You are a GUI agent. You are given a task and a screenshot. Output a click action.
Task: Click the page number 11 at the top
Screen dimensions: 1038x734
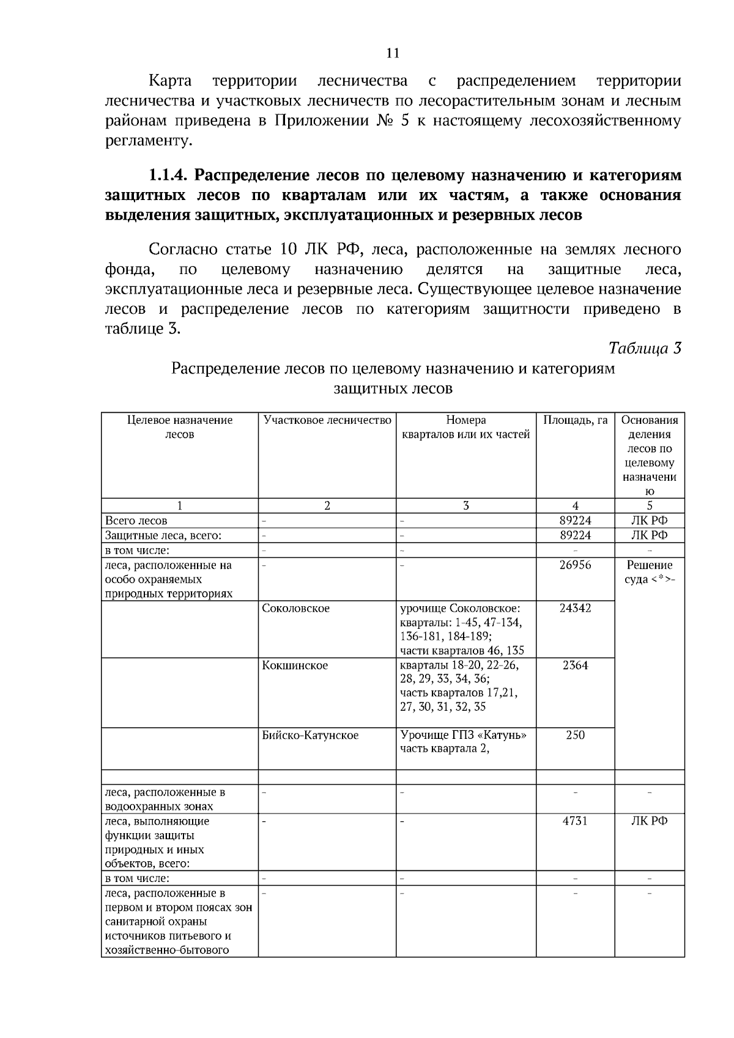point(393,53)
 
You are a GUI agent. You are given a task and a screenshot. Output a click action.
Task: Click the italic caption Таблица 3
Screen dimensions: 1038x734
point(644,348)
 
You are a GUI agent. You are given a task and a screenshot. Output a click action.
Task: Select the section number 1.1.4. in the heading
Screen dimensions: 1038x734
point(169,176)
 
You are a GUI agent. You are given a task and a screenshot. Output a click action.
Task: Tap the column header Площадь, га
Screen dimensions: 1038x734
point(575,420)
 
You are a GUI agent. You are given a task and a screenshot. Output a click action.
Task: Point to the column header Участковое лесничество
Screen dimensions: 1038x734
point(327,420)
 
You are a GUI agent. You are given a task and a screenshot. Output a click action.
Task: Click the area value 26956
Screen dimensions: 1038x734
point(575,565)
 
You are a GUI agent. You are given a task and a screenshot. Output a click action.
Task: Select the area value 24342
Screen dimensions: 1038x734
point(575,608)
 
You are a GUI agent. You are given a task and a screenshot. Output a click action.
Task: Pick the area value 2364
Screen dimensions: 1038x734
point(575,665)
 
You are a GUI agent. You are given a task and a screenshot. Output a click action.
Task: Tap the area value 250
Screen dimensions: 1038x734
point(575,735)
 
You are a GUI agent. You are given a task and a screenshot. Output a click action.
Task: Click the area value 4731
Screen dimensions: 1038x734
point(575,821)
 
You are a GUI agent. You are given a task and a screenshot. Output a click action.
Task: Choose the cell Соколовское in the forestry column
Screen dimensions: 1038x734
point(295,608)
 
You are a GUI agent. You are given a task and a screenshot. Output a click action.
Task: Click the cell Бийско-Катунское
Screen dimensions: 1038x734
point(310,735)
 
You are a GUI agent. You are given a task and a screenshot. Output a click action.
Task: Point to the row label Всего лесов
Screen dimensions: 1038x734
point(136,521)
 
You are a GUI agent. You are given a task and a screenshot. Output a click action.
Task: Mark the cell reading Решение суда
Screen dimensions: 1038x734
point(649,572)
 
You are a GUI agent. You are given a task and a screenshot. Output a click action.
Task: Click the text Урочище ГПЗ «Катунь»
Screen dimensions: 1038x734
point(463,735)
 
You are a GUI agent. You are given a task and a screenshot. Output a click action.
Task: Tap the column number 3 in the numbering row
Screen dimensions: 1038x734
point(466,506)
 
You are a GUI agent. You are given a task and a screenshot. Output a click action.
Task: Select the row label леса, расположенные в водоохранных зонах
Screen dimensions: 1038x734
point(165,799)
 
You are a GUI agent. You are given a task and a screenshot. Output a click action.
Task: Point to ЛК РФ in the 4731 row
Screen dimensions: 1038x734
point(649,821)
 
